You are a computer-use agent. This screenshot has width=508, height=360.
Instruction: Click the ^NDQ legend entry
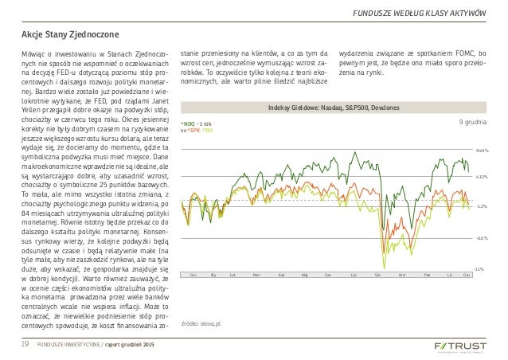189,124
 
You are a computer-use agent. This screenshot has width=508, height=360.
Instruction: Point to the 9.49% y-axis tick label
481,150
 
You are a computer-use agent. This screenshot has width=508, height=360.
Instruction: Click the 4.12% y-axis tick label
481,178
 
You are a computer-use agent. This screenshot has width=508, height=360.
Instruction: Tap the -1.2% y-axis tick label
481,205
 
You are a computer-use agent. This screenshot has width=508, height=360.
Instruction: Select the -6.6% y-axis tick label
481,237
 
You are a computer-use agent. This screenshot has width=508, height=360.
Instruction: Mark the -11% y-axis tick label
481,270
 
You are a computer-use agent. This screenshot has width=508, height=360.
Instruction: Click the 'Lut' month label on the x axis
233,274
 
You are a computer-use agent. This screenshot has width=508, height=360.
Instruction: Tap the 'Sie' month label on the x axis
377,274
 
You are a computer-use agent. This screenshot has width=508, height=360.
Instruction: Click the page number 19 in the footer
25,343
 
